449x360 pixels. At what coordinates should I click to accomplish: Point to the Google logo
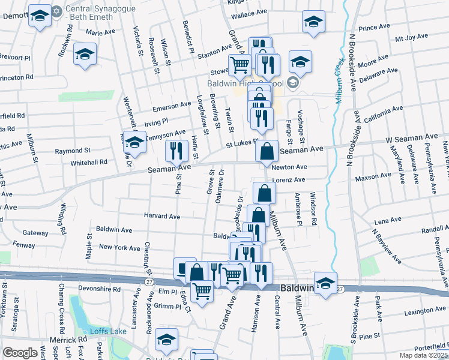[20, 353]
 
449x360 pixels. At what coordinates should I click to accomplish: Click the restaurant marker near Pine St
[175, 150]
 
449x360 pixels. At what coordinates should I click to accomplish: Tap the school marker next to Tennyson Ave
[134, 142]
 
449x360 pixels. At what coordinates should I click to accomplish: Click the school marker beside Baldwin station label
[326, 283]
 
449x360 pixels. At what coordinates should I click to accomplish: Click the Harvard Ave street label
[162, 216]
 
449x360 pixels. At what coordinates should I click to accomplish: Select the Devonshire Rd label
[95, 289]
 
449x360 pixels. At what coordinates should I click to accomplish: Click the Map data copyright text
[423, 355]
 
